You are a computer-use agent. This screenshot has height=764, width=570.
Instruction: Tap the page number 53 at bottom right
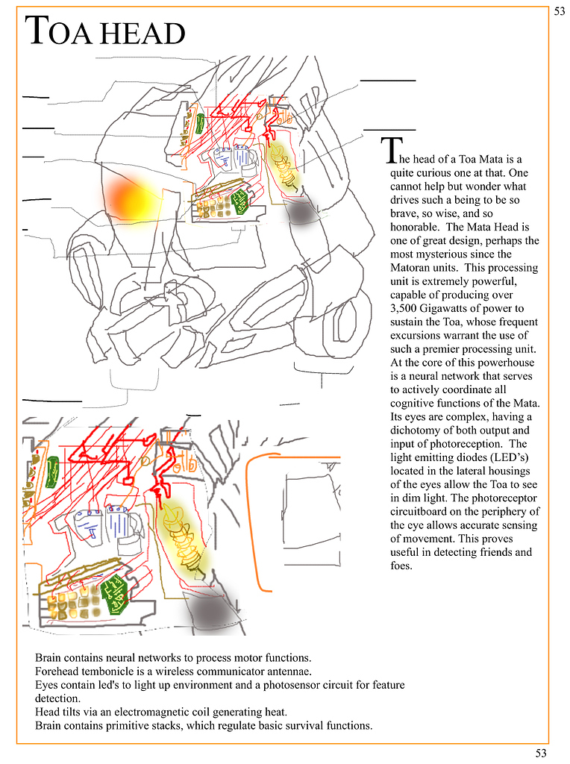pos(541,753)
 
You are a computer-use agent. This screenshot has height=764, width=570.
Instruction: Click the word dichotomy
pos(419,430)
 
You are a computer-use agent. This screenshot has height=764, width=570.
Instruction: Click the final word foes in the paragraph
pos(401,566)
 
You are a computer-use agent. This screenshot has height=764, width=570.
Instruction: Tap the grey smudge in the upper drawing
pos(304,213)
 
